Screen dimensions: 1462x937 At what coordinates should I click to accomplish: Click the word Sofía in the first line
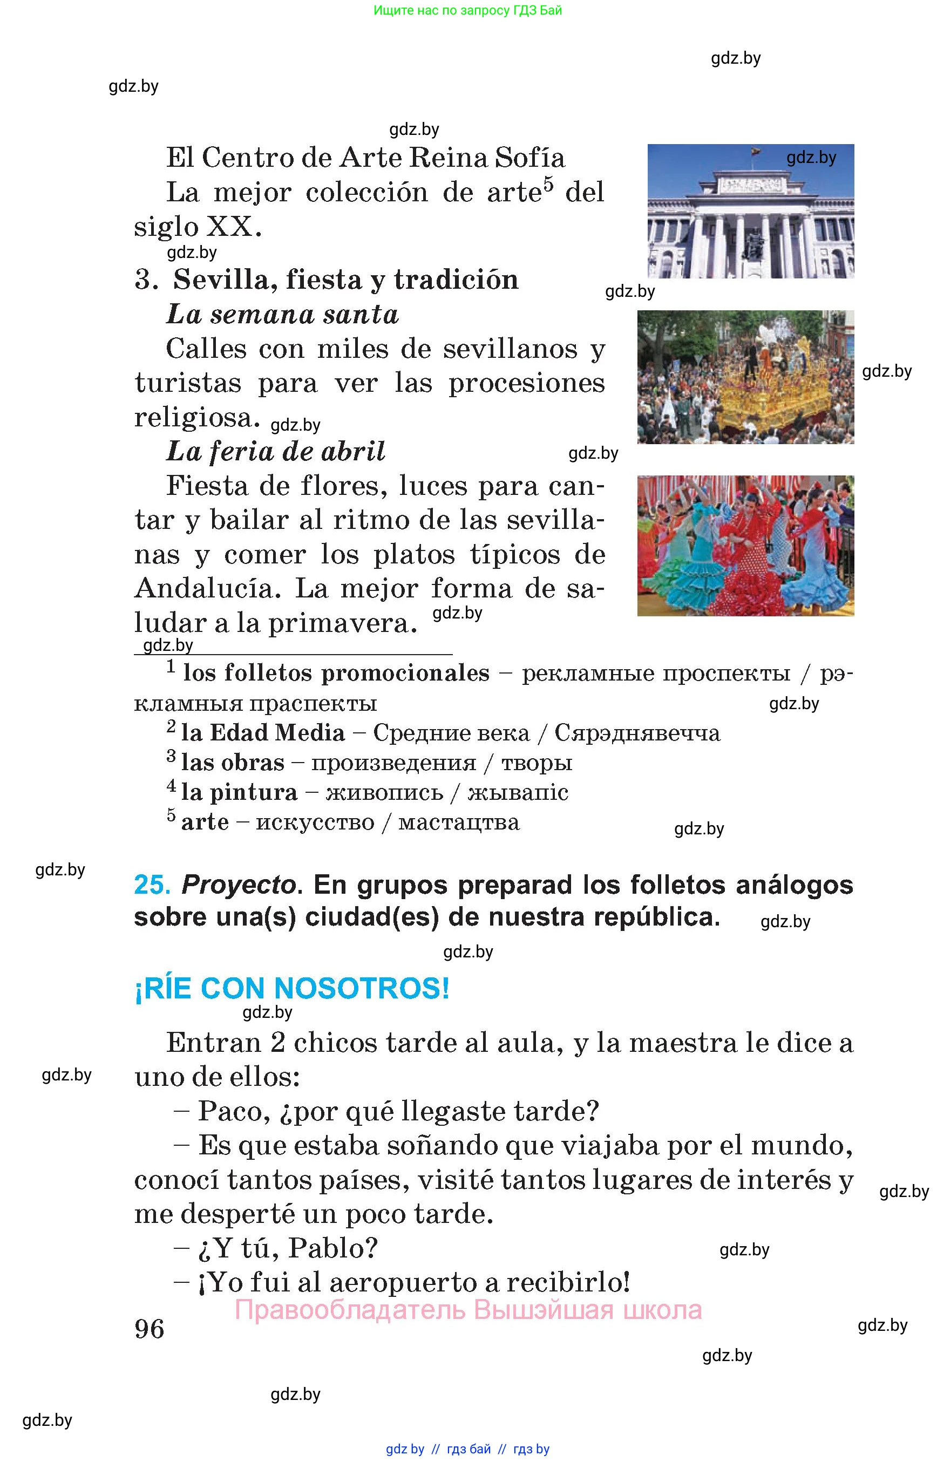pos(530,158)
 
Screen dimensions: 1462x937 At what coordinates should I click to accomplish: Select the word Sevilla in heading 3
pos(224,280)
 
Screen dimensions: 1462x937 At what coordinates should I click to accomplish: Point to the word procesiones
pos(526,383)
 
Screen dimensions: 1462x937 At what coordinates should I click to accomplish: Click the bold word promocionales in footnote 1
pos(405,673)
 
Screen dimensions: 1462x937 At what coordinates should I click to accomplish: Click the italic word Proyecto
pos(239,885)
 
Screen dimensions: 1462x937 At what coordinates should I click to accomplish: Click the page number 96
pos(150,1329)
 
